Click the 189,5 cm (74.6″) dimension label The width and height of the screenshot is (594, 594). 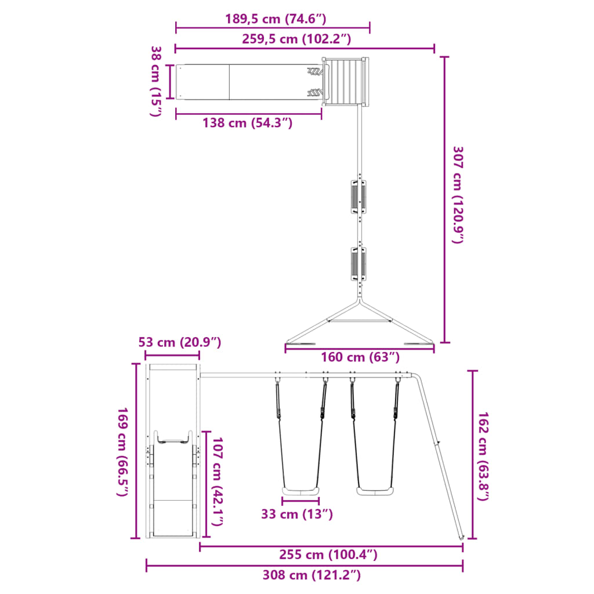pyautogui.click(x=276, y=19)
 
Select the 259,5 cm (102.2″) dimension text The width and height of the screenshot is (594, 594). pyautogui.click(x=296, y=39)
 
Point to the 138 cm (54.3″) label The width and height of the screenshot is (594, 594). pyautogui.click(x=247, y=123)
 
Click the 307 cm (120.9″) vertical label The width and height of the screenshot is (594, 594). pyautogui.click(x=458, y=195)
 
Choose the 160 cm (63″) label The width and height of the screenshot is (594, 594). pyautogui.click(x=360, y=357)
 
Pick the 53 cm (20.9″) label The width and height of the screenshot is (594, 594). pyautogui.click(x=180, y=342)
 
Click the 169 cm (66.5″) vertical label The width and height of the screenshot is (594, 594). pyautogui.click(x=122, y=451)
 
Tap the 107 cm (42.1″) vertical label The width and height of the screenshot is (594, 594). pyautogui.click(x=217, y=481)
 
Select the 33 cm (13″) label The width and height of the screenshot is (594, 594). pyautogui.click(x=297, y=514)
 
